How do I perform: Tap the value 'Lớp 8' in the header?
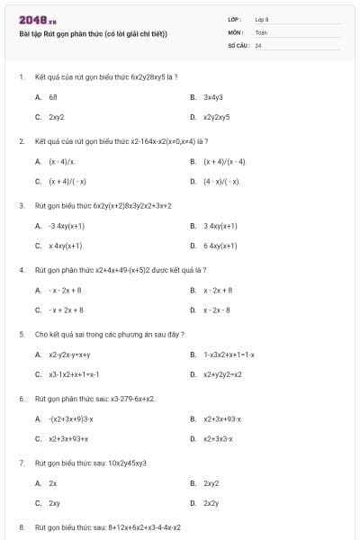[x=262, y=19]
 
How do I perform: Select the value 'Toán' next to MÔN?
[x=261, y=31]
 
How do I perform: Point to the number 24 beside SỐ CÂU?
[x=258, y=45]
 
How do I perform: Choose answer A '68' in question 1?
[x=53, y=96]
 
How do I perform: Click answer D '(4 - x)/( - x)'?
[x=221, y=181]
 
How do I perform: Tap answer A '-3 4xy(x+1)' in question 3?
[x=67, y=225]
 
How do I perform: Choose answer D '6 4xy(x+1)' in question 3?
[x=220, y=245]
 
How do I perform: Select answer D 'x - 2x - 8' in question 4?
[x=217, y=310]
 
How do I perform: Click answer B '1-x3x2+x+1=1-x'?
[x=229, y=355]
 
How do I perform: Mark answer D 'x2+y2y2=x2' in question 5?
[x=222, y=374]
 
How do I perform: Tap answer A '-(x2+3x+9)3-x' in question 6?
[x=71, y=418]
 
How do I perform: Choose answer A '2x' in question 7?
[x=52, y=483]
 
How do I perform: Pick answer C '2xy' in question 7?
[x=54, y=503]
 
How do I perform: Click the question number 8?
[x=21, y=526]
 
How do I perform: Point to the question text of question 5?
[x=110, y=335]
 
